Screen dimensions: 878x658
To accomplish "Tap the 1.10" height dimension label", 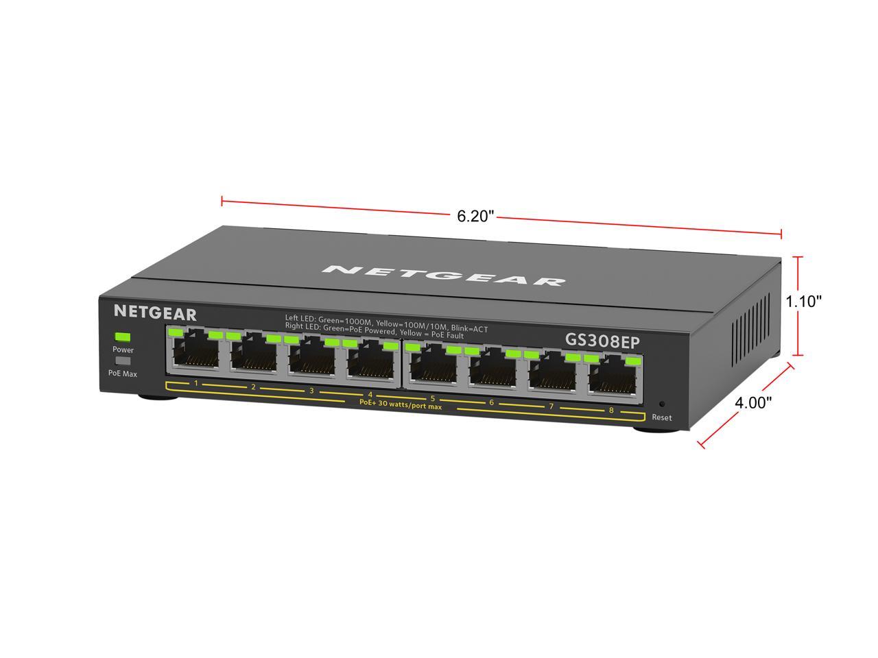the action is pos(804,301).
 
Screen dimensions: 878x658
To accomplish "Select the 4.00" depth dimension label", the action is pos(753,403).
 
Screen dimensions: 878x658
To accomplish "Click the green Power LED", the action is pos(123,337).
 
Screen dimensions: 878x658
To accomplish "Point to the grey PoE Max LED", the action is pos(123,361).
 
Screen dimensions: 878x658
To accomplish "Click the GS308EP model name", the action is pos(602,341).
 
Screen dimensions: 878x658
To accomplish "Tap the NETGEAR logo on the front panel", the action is pos(155,313).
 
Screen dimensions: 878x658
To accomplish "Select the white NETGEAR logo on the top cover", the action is pos(444,276).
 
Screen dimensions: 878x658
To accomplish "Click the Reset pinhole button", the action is pos(662,404).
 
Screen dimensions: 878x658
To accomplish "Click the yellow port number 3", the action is pos(311,391).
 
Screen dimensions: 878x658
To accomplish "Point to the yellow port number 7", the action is pos(551,406).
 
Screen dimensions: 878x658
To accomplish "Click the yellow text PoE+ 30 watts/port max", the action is pos(401,404).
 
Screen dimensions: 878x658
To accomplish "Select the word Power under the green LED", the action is pos(123,349).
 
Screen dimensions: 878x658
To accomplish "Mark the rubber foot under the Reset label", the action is pos(656,430).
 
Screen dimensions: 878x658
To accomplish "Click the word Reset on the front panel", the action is pos(662,417).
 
